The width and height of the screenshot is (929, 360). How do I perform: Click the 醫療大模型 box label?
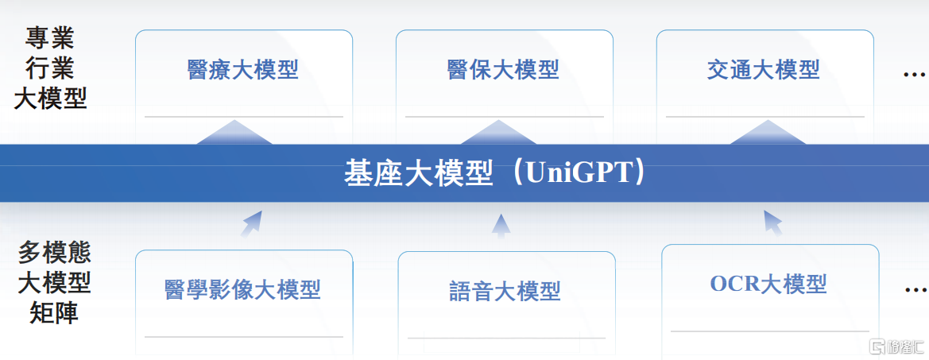coord(242,70)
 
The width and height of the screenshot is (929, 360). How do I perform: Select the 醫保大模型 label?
coord(503,70)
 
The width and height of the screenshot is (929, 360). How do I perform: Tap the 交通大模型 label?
coord(763,70)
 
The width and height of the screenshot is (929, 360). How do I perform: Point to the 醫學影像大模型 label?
coord(242,289)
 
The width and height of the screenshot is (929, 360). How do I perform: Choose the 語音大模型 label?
coord(505,291)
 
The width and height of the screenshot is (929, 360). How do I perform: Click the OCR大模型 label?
coord(768,285)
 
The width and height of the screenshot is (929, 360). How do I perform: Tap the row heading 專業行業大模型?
coord(50,69)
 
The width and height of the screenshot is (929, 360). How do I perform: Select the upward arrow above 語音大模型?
coord(501,225)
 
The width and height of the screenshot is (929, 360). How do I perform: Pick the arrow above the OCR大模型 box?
coord(772,223)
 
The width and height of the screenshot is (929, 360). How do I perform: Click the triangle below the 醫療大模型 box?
coord(234,133)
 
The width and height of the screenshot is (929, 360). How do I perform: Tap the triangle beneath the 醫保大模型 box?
coord(499,133)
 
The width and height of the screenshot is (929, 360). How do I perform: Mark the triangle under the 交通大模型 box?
coord(768,133)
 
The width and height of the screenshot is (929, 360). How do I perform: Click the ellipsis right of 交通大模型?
coord(914,75)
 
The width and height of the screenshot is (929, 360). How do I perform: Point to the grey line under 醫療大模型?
coord(243,117)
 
